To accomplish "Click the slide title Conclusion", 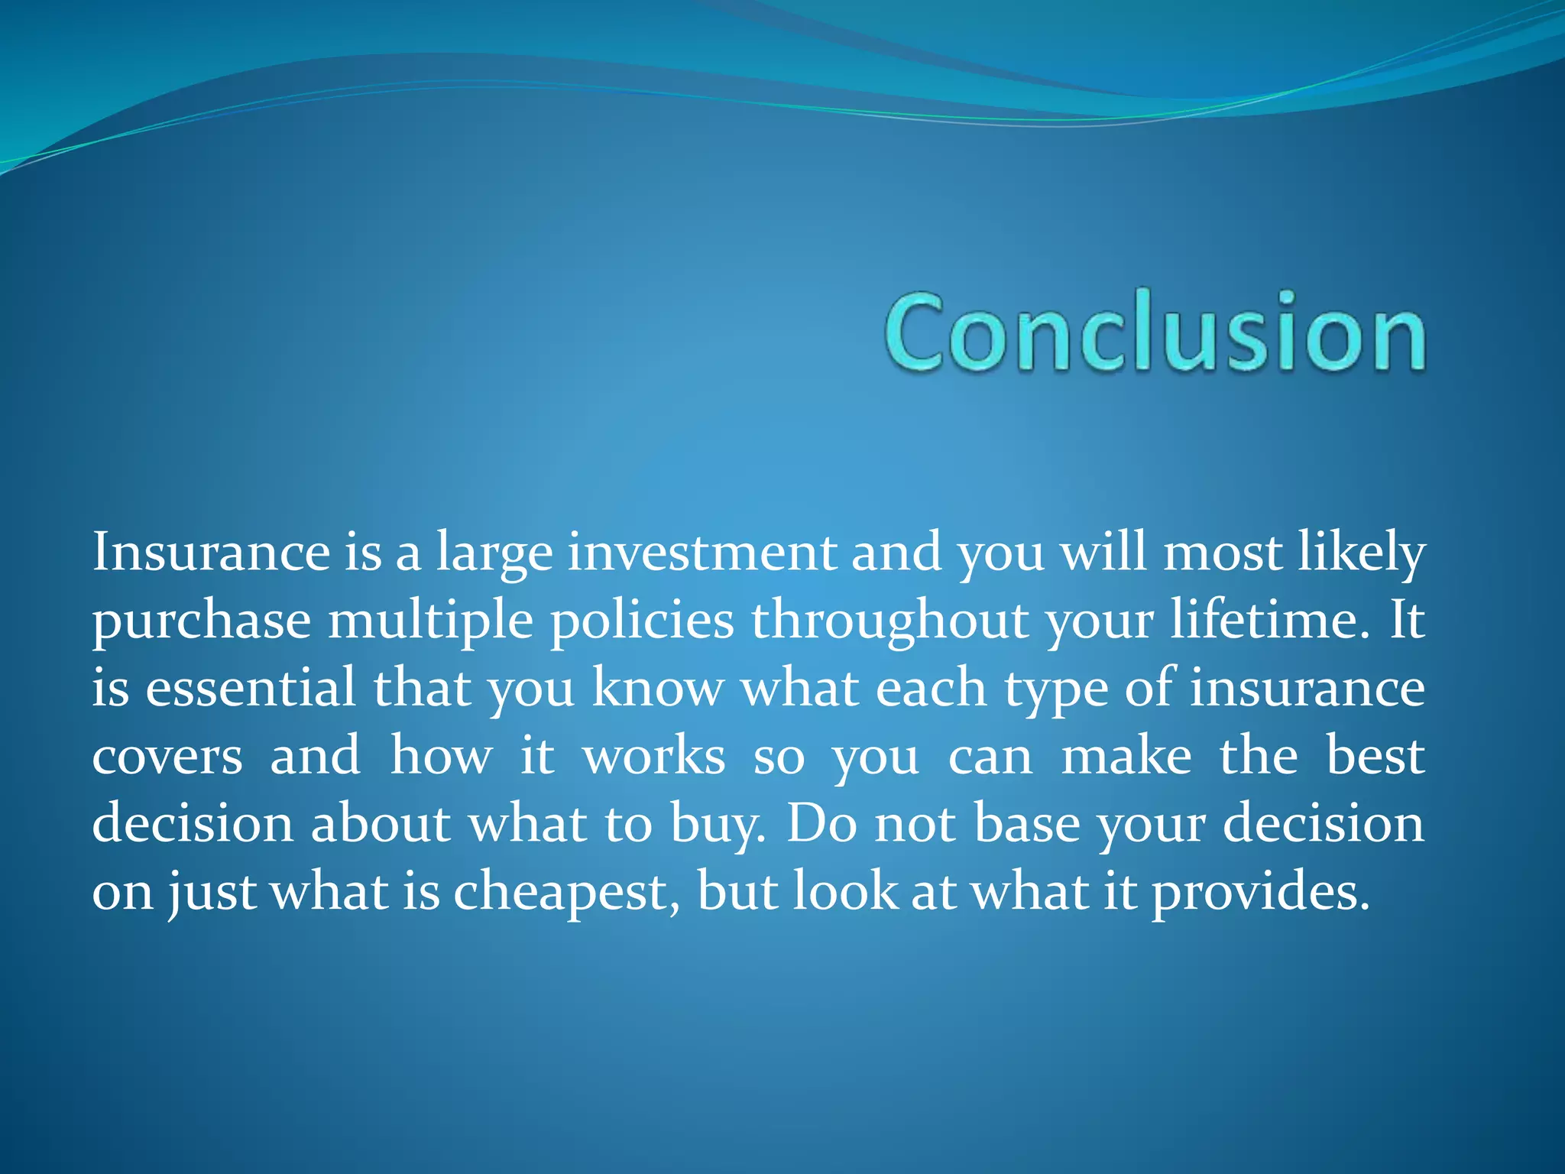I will point(1155,332).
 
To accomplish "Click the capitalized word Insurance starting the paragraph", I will point(211,552).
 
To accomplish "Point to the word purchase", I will point(202,621).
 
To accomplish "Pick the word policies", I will point(642,619).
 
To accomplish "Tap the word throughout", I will point(889,621).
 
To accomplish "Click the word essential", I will point(251,687).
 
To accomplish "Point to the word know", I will point(657,687).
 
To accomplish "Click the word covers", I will point(167,757).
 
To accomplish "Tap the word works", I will point(654,755).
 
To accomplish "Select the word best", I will point(1375,755).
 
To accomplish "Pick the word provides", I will point(1261,893).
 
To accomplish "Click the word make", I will point(1126,755).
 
